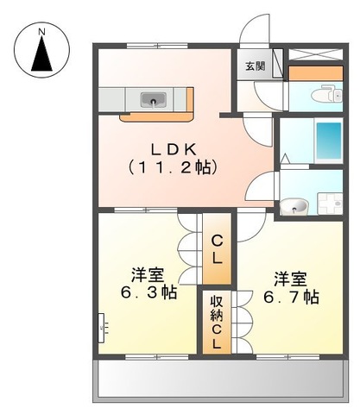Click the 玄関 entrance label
tap(254, 66)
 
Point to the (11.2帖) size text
tap(172, 165)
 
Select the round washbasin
tap(295, 204)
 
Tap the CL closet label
tap(217, 249)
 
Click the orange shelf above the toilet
tap(316, 72)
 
